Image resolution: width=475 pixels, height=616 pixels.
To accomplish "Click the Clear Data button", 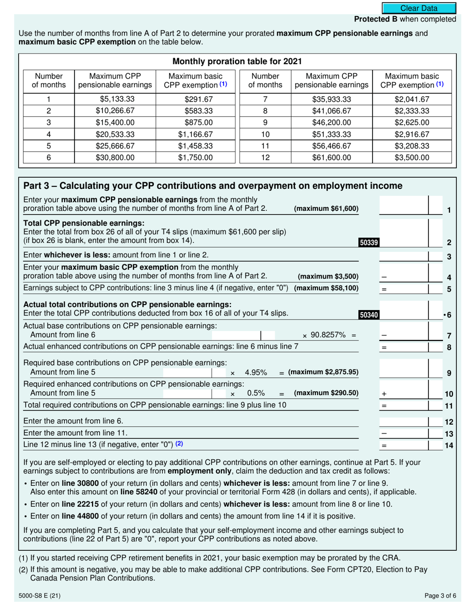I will pyautogui.click(x=419, y=8).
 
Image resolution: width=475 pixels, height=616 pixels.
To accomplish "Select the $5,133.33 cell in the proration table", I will pyautogui.click(x=115, y=99).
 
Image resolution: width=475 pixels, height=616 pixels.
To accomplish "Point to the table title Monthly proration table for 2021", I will pyautogui.click(x=237, y=62).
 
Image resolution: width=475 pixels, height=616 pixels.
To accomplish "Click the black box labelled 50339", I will pyautogui.click(x=369, y=243).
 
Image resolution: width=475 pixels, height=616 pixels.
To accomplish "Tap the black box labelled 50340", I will pyautogui.click(x=369, y=315).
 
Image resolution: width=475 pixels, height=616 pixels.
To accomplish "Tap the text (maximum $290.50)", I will pyautogui.click(x=326, y=393).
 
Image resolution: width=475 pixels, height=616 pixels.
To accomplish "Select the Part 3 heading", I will pyautogui.click(x=213, y=186).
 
